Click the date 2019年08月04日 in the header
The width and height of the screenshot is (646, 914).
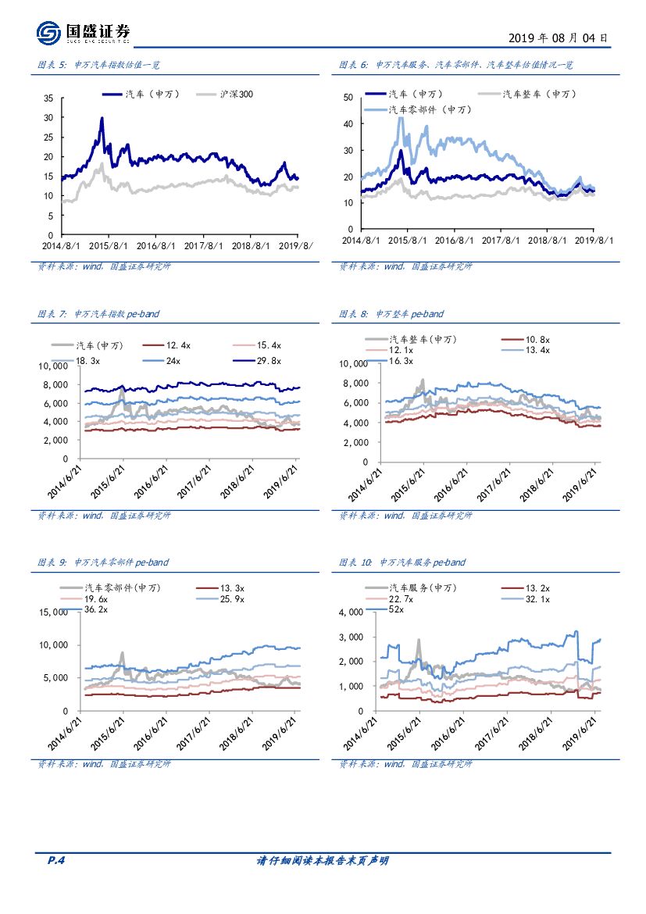click(x=558, y=37)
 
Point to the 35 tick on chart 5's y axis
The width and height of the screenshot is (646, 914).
click(x=48, y=98)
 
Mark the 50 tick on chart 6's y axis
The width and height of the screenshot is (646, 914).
click(x=348, y=98)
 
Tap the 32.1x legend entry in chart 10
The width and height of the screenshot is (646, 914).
click(x=538, y=598)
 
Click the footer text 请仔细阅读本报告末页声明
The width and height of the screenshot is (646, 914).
click(x=323, y=860)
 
